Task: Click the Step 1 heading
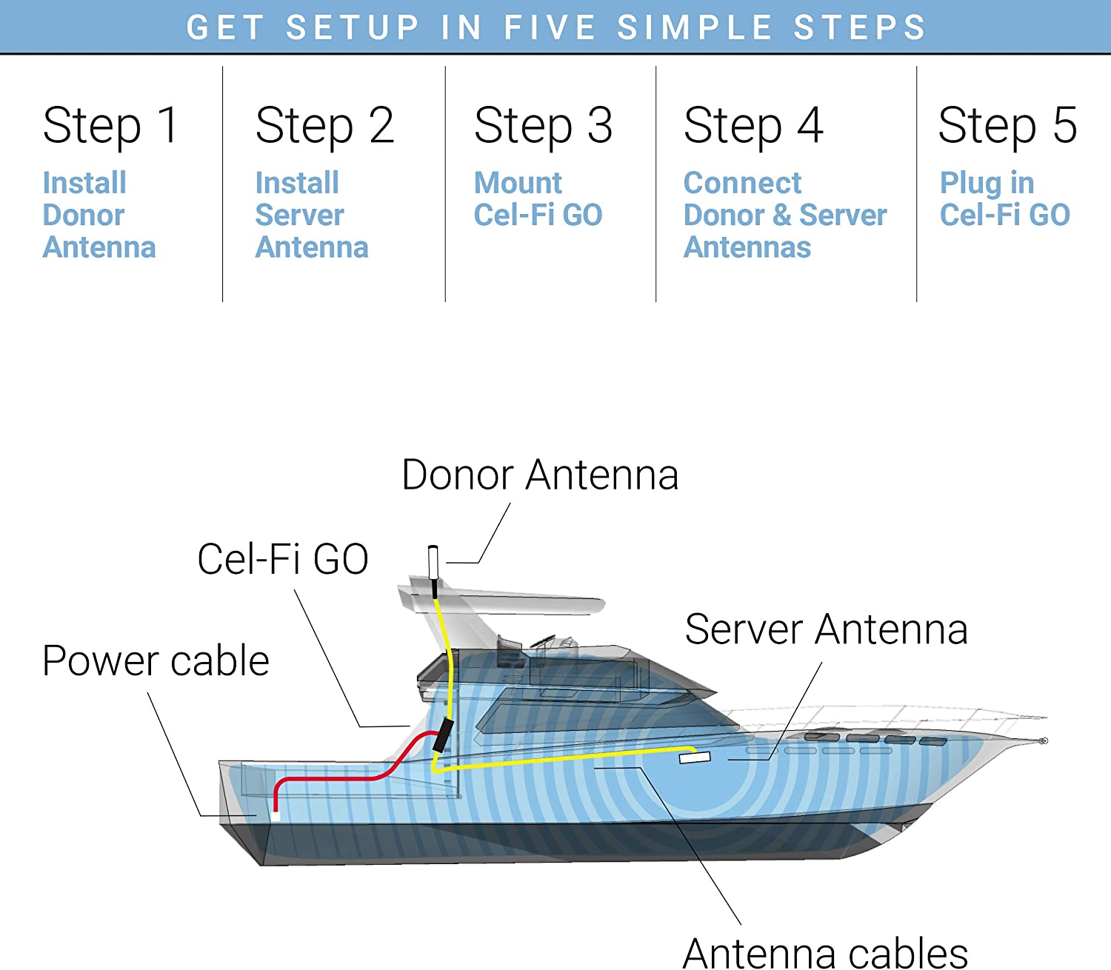(111, 125)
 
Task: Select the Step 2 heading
(324, 125)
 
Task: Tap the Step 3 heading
(543, 125)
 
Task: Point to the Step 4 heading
(753, 125)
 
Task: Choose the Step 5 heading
(1007, 125)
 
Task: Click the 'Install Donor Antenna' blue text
(99, 215)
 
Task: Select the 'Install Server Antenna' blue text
(311, 215)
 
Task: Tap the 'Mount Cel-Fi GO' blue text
(538, 198)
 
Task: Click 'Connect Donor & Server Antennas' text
(784, 215)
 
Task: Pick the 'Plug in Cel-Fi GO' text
(1004, 198)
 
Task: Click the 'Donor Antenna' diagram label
(540, 475)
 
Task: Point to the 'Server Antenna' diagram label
(826, 629)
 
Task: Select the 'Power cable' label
(156, 660)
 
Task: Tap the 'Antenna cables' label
(825, 952)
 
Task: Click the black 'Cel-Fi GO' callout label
(283, 558)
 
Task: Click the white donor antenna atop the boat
(433, 562)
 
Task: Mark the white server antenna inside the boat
(695, 757)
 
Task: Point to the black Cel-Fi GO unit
(443, 735)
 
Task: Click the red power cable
(333, 777)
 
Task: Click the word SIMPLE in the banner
(695, 27)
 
